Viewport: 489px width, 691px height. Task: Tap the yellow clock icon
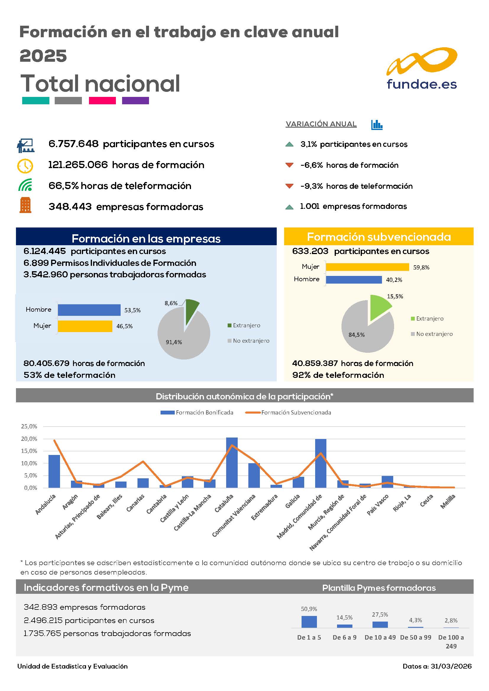[x=25, y=165]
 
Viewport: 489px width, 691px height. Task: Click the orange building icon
[x=25, y=205]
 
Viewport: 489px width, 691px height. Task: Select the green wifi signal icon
[x=25, y=185]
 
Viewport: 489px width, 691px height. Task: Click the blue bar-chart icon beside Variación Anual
[x=377, y=125]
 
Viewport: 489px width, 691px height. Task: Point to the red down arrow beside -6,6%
[x=289, y=165]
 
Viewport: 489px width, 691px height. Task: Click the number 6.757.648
[x=74, y=144]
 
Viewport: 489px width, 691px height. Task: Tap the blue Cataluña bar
[x=232, y=463]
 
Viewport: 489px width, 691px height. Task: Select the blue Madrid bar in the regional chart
[x=321, y=464]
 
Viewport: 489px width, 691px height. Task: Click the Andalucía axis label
[x=46, y=504]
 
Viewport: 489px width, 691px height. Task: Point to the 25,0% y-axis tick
[x=29, y=426]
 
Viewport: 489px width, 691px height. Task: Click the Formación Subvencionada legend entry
[x=288, y=413]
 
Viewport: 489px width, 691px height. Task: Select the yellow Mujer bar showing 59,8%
[x=367, y=267]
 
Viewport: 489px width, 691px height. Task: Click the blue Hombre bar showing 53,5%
[x=89, y=310]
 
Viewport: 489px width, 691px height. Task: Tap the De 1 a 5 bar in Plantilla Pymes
[x=309, y=622]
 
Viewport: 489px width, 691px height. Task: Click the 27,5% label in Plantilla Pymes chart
[x=380, y=614]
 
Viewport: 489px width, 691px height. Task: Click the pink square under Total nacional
[x=102, y=100]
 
